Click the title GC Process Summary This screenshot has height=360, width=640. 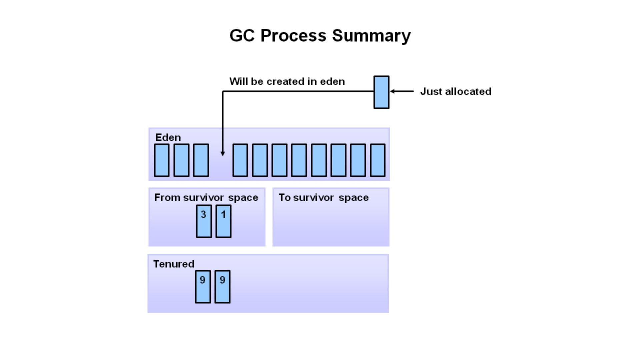320,35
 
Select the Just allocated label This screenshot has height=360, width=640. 456,91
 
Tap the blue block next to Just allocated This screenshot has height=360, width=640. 381,92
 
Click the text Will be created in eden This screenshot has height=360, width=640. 287,82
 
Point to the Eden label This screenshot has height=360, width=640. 168,137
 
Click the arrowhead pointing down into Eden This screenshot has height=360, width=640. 223,154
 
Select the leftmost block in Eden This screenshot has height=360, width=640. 162,160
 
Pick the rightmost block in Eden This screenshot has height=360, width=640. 378,160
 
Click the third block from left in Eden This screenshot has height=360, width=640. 201,160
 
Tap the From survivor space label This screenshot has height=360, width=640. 206,198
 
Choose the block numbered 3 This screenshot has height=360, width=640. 204,221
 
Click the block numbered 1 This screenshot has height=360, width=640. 223,221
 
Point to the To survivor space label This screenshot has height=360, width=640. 324,198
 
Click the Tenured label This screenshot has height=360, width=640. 174,264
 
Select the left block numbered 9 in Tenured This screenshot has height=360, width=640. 203,287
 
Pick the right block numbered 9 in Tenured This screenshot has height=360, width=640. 222,287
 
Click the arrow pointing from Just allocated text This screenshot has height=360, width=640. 402,91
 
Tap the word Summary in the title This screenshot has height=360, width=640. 371,35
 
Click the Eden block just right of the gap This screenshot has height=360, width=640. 240,160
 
